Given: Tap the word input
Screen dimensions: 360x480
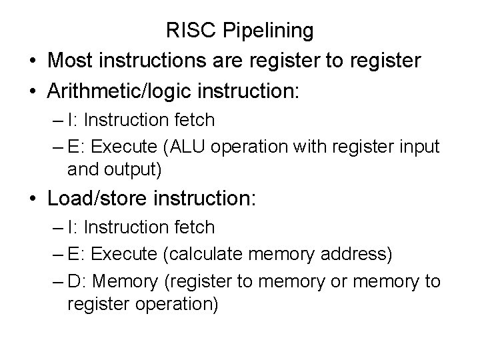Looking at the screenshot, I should (x=419, y=147).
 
